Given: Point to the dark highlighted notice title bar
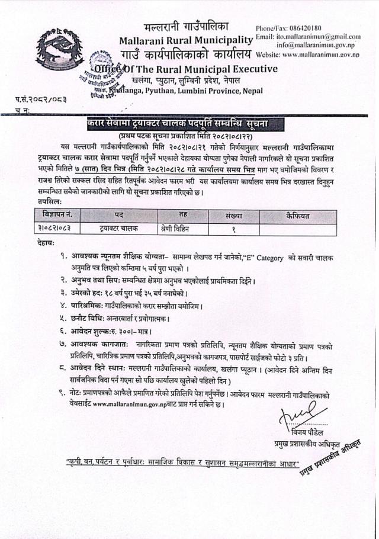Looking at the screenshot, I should pyautogui.click(x=182, y=123).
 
